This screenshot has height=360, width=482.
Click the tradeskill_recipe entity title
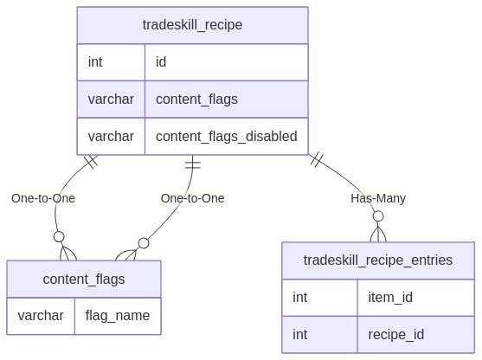point(192,25)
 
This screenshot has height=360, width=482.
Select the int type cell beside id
point(95,62)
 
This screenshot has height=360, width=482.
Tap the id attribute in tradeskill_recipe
point(161,62)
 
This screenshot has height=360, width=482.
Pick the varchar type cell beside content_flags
point(111,100)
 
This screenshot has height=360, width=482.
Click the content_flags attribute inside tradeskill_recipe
point(196,100)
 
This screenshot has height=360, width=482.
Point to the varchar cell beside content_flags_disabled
point(111,137)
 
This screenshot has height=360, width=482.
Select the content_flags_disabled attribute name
point(227,137)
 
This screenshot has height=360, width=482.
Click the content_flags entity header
point(84,280)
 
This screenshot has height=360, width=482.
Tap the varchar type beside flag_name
point(41,316)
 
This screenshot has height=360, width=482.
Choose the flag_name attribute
point(118,316)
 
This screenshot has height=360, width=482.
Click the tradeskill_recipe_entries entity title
point(378,260)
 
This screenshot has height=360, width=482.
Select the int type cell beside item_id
point(299,298)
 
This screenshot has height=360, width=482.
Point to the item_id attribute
point(390,298)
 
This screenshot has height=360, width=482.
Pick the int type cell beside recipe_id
point(299,335)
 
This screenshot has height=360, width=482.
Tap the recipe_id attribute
point(396,335)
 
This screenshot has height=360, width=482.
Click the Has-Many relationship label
point(378,198)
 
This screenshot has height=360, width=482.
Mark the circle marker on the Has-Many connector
point(378,216)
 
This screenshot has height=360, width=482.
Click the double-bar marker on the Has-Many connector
point(317,159)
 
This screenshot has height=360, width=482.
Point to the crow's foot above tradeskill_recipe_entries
point(378,235)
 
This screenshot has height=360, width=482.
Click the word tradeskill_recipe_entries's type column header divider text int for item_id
point(299,298)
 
